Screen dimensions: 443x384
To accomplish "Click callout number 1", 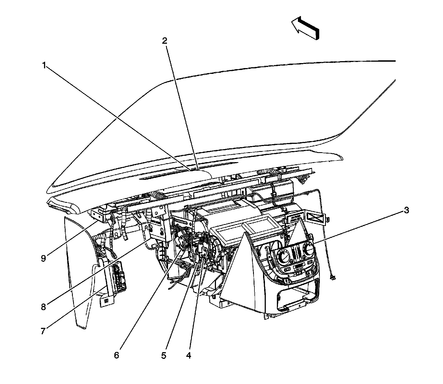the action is point(44,66).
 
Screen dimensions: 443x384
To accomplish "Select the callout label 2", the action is point(164,41).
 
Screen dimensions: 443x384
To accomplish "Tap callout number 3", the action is point(406,210).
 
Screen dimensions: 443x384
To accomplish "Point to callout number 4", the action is point(188,355).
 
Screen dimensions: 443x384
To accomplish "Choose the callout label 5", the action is point(164,355).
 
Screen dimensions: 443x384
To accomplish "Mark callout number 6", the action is point(117,355).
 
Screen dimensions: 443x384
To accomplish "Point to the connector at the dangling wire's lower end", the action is point(333,277).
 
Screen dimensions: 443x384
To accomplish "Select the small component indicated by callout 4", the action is point(204,252).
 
